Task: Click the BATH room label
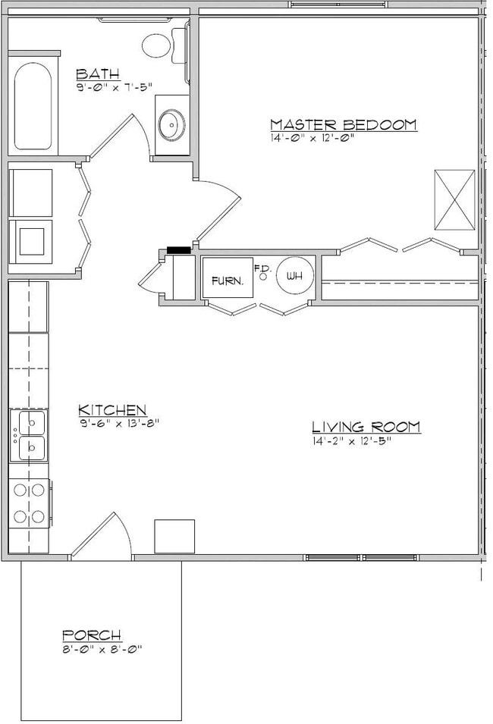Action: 98,74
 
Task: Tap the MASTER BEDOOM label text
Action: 344,124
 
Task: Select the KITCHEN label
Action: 112,409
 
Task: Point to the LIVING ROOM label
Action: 366,426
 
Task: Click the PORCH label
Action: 92,635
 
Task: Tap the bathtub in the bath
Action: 33,105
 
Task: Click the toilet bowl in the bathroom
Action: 156,45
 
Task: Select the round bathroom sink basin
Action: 172,124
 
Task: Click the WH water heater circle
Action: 295,276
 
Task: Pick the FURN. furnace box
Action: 228,277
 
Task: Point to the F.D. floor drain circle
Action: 263,277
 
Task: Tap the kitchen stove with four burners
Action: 29,503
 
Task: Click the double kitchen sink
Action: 29,435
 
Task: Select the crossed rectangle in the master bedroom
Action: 454,200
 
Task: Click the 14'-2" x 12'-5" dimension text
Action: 352,441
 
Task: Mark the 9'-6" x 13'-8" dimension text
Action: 119,423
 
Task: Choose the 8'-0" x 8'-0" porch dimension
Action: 102,649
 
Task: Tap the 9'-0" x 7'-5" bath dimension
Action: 114,86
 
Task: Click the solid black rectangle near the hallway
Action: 179,250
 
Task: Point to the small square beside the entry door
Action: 174,536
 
